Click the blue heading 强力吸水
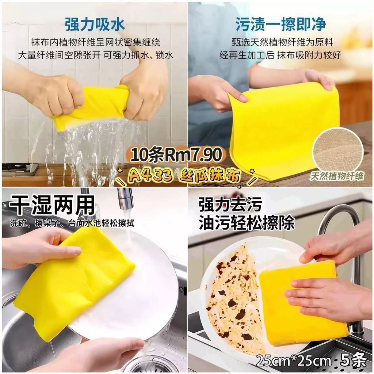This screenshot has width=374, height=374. [95, 24]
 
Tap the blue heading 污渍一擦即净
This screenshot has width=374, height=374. [281, 24]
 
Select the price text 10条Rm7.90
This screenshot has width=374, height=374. [176, 154]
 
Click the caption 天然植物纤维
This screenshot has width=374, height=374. [336, 176]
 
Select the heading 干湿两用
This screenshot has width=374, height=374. [52, 205]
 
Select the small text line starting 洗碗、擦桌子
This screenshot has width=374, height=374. [72, 223]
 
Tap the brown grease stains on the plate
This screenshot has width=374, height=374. [234, 296]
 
